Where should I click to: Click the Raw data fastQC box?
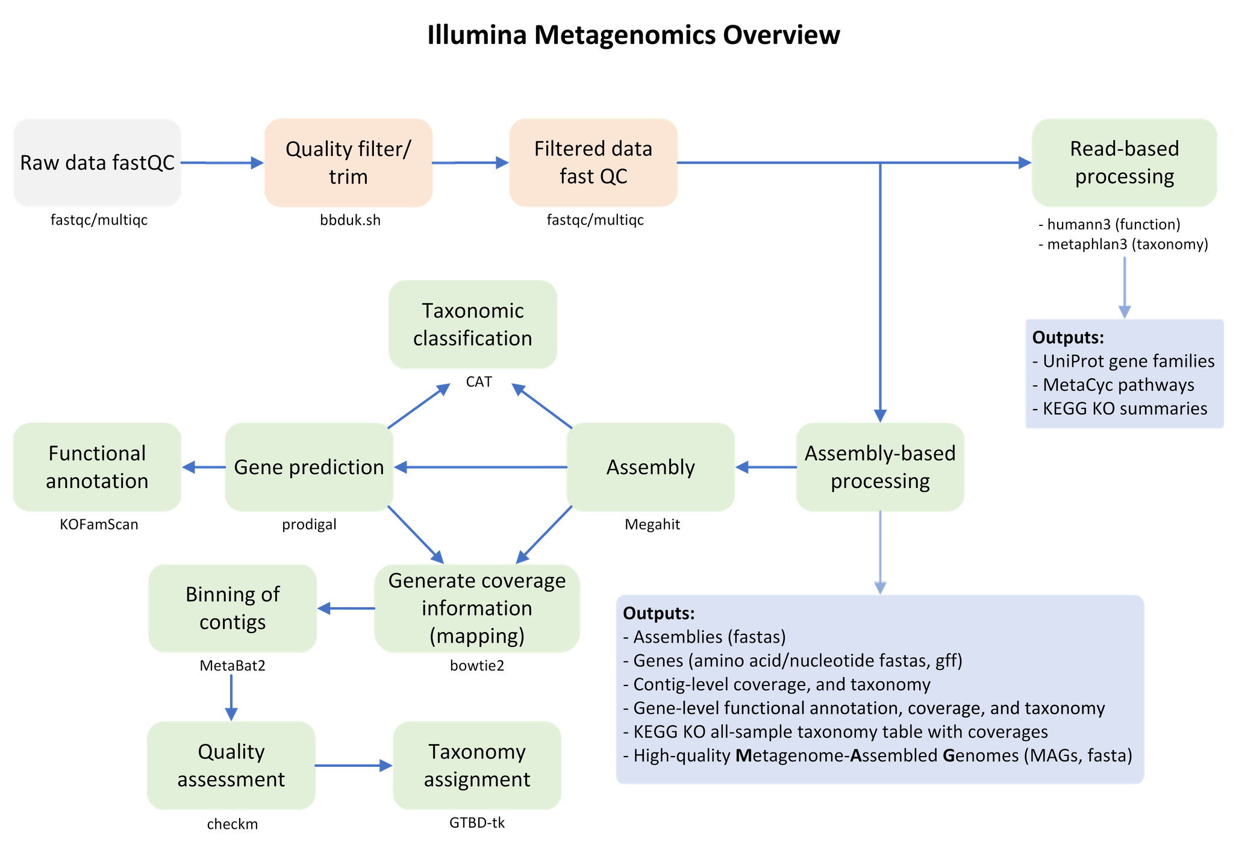point(97,163)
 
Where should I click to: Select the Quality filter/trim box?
point(348,163)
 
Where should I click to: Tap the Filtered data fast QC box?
point(593,163)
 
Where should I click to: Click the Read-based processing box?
point(1124,163)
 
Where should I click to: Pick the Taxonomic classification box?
point(472,324)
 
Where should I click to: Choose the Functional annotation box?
point(97,467)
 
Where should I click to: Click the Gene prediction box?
point(309,467)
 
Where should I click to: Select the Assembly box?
point(651,467)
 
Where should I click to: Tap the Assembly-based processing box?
point(880,467)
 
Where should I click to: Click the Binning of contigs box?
point(233,608)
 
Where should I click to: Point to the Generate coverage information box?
point(476,608)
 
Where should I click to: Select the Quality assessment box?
point(231,765)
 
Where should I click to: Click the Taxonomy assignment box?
point(476,765)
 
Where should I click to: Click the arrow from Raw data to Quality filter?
point(222,163)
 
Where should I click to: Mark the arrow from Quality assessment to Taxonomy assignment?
point(354,765)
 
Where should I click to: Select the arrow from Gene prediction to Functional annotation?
point(203,467)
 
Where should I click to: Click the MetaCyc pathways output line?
point(1118,385)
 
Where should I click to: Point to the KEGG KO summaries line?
point(1124,408)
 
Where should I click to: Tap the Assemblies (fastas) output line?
point(709,637)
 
